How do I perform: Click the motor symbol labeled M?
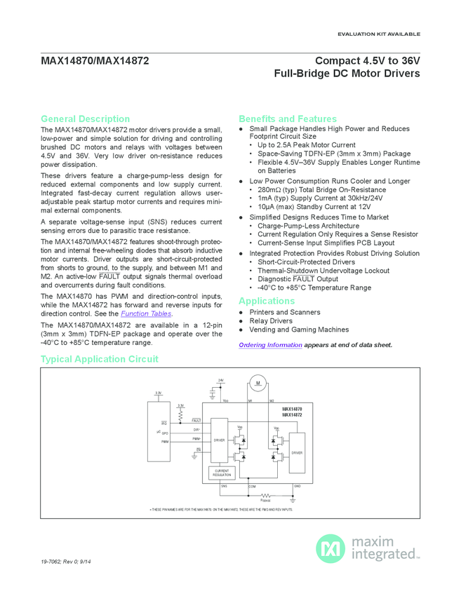click(258, 383)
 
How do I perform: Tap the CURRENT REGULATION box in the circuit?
click(222, 473)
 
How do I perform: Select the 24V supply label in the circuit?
click(220, 380)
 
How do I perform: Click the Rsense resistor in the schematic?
click(265, 495)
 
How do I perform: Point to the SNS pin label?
click(224, 485)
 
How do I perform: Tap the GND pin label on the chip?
click(297, 485)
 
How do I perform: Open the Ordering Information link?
click(270, 345)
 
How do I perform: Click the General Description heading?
click(85, 118)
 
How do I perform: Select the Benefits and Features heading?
click(288, 118)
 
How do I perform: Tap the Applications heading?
click(267, 301)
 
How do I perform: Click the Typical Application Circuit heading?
click(99, 359)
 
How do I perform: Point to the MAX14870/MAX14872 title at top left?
click(94, 61)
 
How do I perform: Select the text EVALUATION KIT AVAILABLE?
click(379, 34)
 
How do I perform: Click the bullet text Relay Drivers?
click(271, 321)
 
